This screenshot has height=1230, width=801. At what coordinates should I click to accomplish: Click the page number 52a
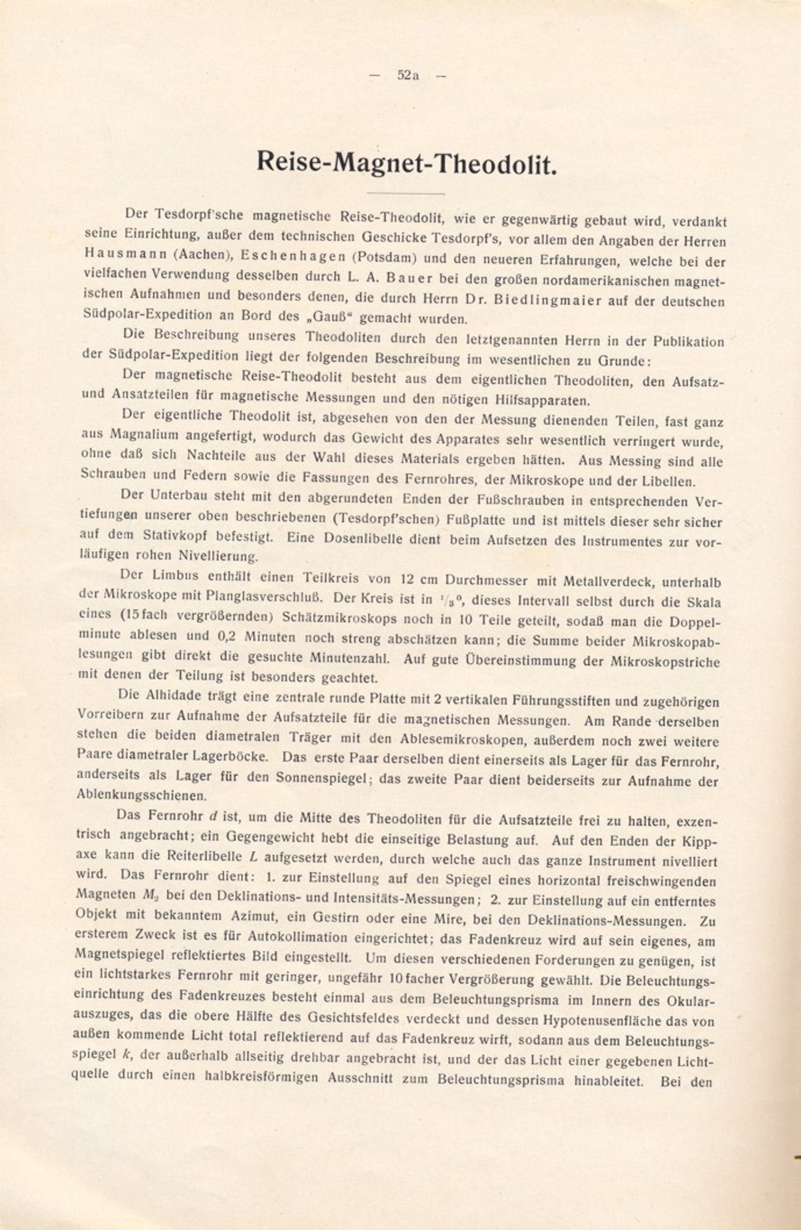point(408,75)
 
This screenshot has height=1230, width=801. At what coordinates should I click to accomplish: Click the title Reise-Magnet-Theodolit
point(407,163)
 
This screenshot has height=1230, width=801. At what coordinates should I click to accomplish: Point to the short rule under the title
point(406,193)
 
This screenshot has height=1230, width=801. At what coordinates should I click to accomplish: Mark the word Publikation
point(689,341)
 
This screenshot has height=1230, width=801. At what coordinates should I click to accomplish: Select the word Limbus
point(176,575)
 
